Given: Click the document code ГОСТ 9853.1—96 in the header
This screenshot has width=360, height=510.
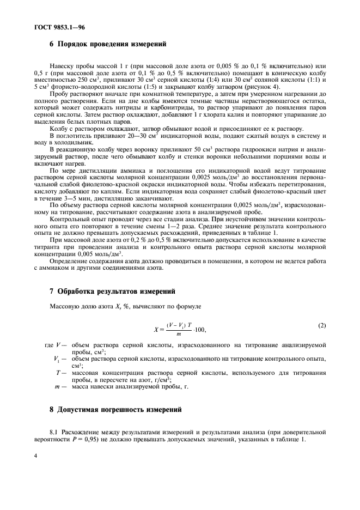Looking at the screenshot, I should tap(49, 26).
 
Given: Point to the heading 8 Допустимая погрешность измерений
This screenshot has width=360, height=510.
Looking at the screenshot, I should tap(114, 409).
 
